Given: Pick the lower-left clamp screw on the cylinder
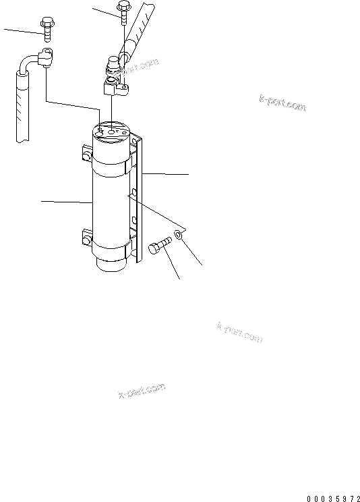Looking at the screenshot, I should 86,237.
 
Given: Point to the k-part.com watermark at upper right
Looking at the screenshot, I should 282,103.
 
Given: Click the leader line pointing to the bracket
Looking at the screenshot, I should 165,174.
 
